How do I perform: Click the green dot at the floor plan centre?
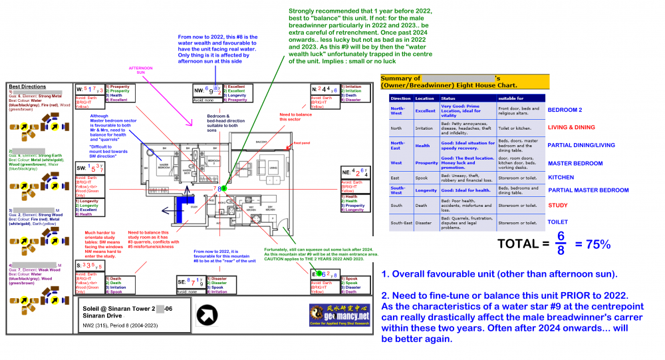coord(223,188)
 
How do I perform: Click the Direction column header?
coord(401,98)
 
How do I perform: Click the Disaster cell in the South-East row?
coord(425,222)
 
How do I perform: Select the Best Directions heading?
coord(28,87)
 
